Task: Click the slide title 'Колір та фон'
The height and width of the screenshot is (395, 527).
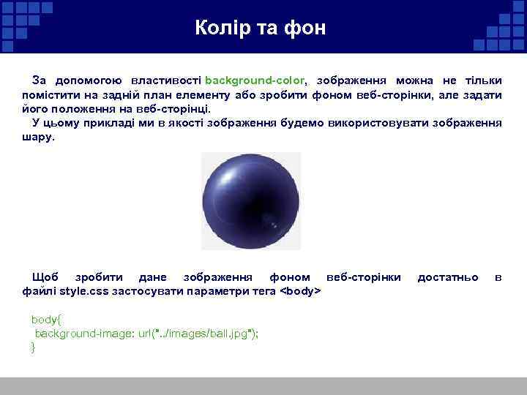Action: (x=261, y=29)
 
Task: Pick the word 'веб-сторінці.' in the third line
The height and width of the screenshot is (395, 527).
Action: (x=174, y=109)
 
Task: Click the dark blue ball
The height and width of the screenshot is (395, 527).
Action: (x=250, y=201)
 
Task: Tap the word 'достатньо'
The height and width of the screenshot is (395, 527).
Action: (x=448, y=277)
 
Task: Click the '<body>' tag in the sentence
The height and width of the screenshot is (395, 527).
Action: (x=301, y=291)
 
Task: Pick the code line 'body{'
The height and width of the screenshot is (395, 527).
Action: (x=47, y=320)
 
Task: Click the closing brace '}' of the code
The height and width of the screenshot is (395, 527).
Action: (x=33, y=347)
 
